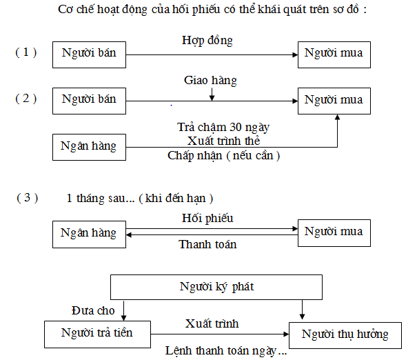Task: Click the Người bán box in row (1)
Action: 89,54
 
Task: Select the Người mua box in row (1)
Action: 334,54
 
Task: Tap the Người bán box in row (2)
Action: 89,100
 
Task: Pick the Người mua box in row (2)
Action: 334,100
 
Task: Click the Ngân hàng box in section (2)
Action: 89,146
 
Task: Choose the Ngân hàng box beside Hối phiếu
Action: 89,232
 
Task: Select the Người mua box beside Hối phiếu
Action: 334,232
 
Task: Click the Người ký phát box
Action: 216,286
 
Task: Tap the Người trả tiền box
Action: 96,334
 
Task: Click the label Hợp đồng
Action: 207,41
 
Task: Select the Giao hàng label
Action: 210,81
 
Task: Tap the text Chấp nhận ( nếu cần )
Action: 224,155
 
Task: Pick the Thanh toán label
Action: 207,244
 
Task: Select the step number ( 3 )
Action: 27,198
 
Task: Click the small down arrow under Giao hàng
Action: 211,94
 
